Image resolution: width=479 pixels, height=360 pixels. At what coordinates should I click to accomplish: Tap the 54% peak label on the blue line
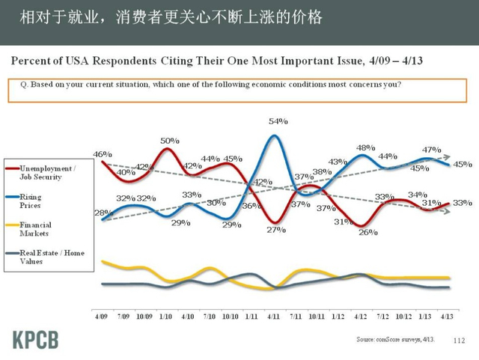pyautogui.click(x=278, y=121)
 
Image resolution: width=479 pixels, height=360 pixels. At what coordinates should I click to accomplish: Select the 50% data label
pyautogui.click(x=170, y=140)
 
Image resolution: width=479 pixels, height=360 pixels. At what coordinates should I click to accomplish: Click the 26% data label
pyautogui.click(x=368, y=232)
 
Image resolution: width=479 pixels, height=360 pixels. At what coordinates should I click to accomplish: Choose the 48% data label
pyautogui.click(x=365, y=147)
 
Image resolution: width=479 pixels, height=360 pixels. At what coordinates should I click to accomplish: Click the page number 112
pyautogui.click(x=460, y=341)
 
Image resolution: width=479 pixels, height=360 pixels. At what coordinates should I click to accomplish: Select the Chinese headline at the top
pyautogui.click(x=171, y=16)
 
